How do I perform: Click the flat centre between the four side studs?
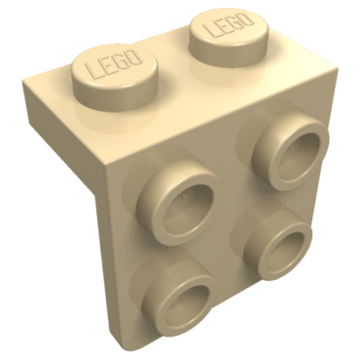point(232,224)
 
